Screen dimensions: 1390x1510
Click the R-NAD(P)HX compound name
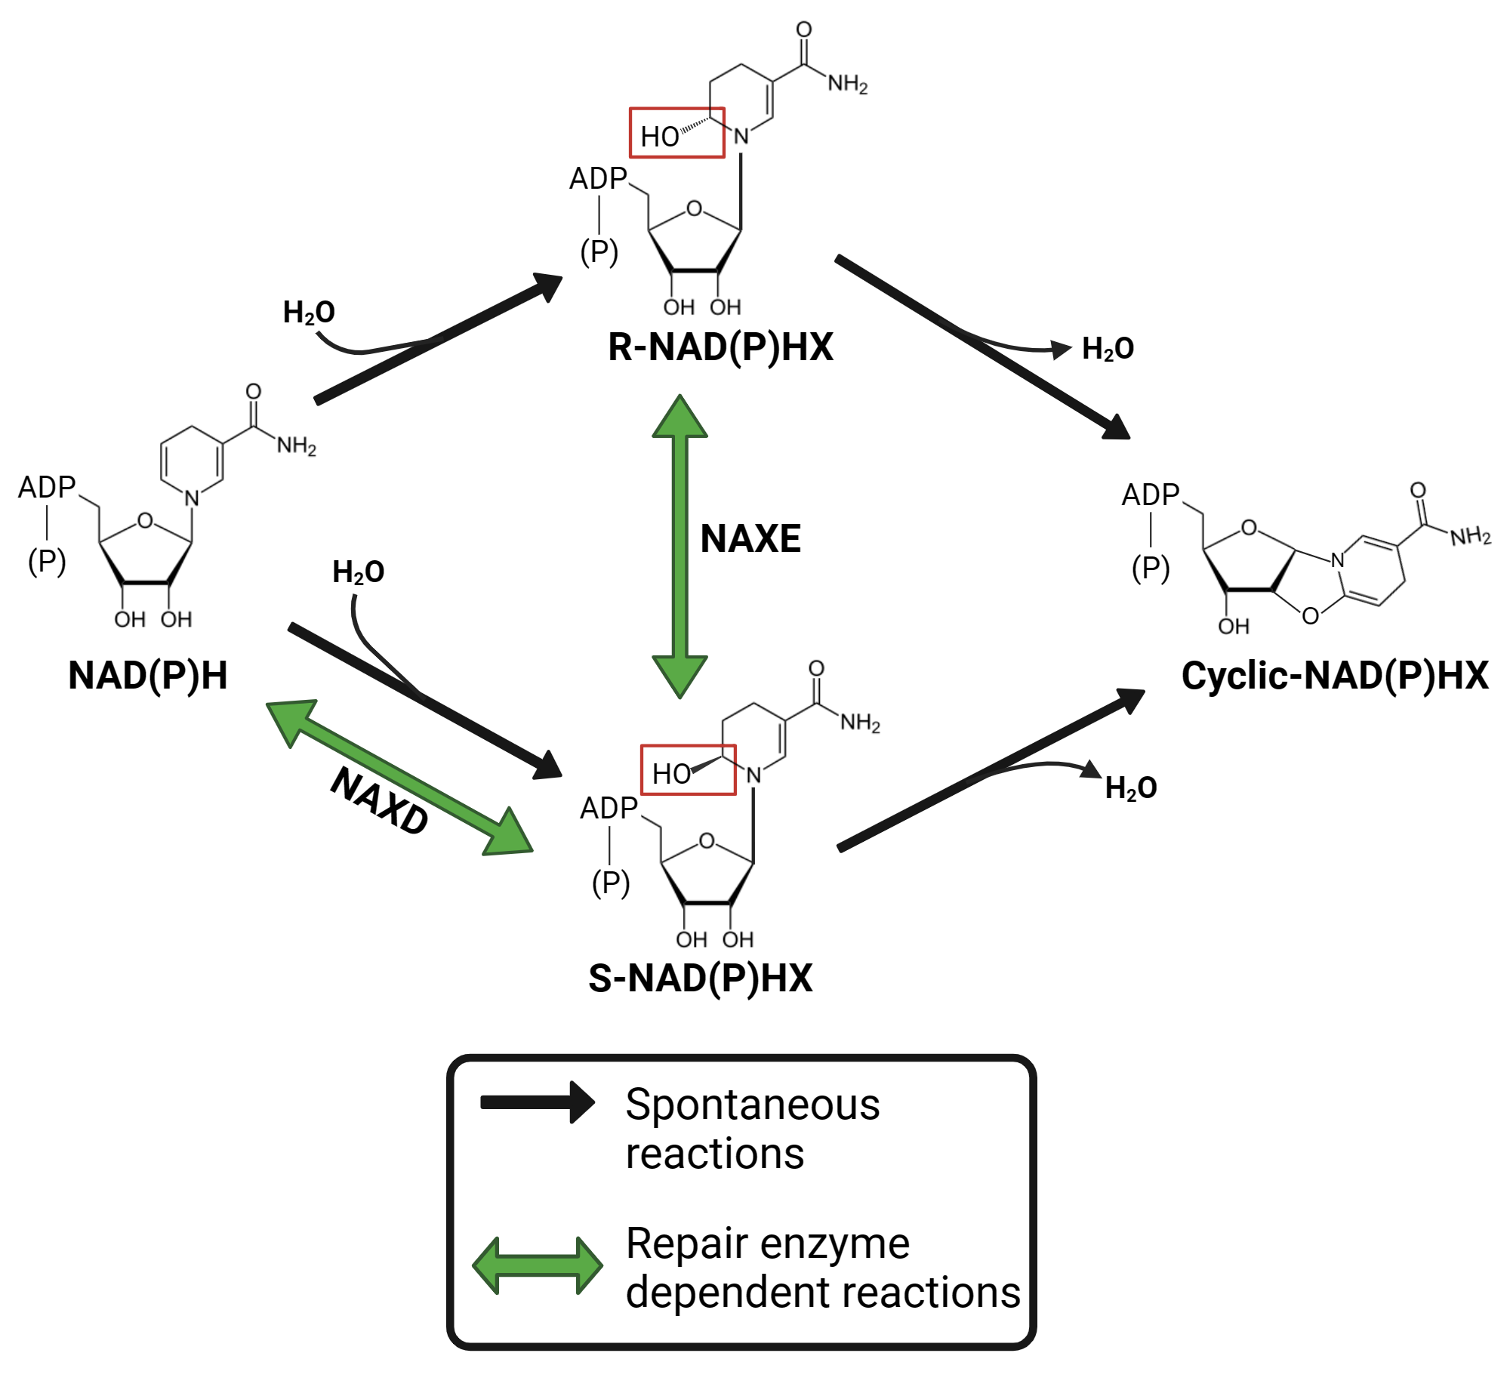click(720, 348)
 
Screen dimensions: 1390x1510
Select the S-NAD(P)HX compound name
click(700, 979)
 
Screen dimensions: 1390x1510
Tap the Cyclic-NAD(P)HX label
click(1334, 676)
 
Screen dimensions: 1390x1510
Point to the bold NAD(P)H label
click(148, 676)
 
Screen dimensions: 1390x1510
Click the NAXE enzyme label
click(750, 539)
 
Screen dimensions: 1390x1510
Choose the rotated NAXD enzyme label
click(380, 801)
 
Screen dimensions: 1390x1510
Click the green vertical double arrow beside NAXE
click(679, 546)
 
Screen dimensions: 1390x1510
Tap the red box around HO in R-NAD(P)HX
click(677, 133)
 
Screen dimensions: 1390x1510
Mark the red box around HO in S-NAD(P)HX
click(688, 770)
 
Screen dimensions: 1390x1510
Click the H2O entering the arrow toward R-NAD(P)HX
click(309, 313)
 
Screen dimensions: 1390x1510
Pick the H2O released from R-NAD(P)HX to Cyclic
click(1108, 349)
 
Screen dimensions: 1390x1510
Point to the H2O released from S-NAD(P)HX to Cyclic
click(1130, 788)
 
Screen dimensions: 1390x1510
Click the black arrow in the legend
click(537, 1103)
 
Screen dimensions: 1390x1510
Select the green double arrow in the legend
click(537, 1265)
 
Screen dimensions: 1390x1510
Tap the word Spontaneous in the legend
click(752, 1105)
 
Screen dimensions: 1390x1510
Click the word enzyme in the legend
click(844, 1244)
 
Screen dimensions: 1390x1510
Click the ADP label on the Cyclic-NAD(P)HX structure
click(1150, 495)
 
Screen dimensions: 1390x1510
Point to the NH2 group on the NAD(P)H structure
click(296, 445)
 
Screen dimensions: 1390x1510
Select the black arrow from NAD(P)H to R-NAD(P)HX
click(438, 337)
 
